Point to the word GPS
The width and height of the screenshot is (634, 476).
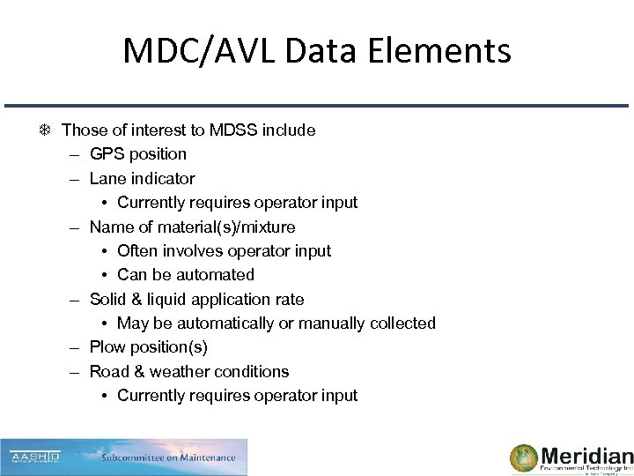click(x=107, y=154)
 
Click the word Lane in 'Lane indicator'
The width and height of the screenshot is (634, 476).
click(x=107, y=178)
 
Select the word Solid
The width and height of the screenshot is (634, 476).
click(x=109, y=300)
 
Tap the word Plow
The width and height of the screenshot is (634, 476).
click(x=108, y=347)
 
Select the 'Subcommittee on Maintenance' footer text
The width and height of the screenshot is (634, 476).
click(x=168, y=457)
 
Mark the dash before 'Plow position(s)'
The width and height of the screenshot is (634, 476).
click(x=77, y=347)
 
